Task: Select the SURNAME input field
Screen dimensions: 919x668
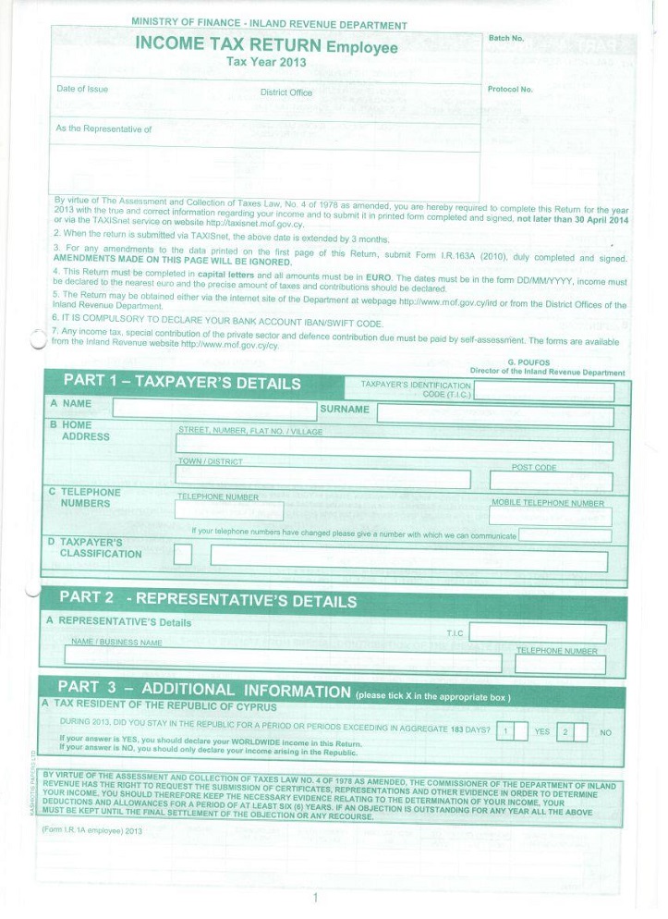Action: tap(495, 414)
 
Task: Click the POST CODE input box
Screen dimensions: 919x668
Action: tap(551, 481)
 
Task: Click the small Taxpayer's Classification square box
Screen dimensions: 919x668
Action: tap(183, 555)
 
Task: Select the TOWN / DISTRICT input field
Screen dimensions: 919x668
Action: tap(322, 478)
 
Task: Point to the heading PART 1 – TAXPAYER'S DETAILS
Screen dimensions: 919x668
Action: tap(182, 383)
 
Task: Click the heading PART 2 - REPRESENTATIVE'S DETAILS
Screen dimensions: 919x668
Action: tap(208, 600)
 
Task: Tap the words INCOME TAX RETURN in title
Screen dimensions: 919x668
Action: tap(228, 44)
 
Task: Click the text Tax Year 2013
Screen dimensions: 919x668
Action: tap(266, 62)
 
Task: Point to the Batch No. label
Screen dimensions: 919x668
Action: tap(505, 39)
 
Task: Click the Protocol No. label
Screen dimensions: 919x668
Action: tap(510, 90)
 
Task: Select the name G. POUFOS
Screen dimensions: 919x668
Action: tap(528, 362)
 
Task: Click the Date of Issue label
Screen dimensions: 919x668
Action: tap(82, 89)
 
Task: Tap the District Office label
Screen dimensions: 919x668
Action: tap(286, 92)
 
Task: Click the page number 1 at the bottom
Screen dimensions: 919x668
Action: tap(315, 898)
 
